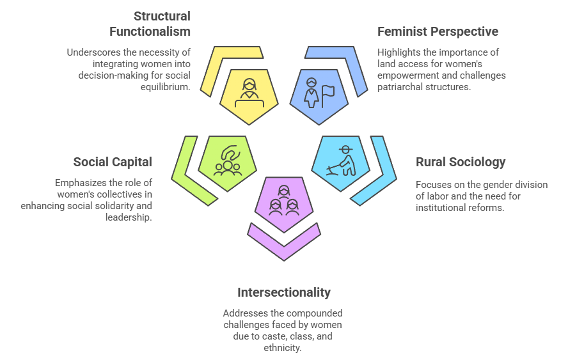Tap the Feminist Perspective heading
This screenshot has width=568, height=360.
438,31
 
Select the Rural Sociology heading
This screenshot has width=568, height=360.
461,162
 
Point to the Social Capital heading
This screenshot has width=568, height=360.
113,162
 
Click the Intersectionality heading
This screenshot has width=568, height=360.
284,292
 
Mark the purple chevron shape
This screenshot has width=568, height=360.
284,242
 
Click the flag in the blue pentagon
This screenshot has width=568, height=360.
327,93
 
